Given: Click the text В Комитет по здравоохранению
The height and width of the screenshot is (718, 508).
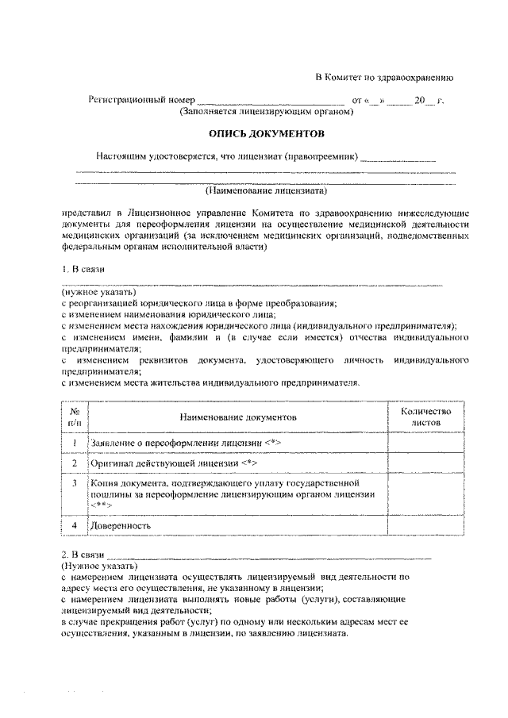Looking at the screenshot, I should pos(384,78).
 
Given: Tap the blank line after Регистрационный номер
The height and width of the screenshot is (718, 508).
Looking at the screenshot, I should pos(270,102).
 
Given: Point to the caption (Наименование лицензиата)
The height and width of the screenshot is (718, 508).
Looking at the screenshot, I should pos(266,190).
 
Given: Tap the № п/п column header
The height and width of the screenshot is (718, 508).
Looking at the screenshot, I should pos(74,417).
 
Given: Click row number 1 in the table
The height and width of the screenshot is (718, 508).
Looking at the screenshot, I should pos(74,442).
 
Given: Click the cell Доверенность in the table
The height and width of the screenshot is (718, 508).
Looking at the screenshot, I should pos(121,525).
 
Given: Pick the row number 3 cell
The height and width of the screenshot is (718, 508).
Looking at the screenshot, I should pos(74,482).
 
